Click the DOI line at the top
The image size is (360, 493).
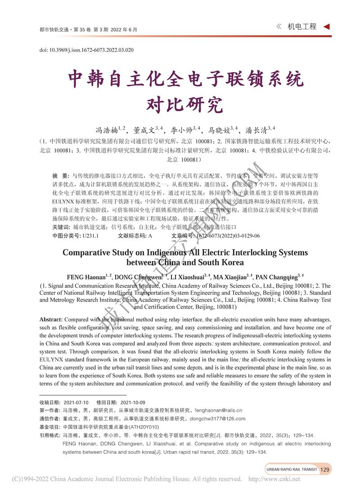pyautogui.click(x=86, y=50)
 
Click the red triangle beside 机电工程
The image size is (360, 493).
pyautogui.click(x=327, y=27)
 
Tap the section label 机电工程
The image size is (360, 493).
pyautogui.click(x=302, y=27)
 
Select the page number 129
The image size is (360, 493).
pyautogui.click(x=325, y=469)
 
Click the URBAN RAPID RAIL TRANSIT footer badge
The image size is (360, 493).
pyautogui.click(x=292, y=469)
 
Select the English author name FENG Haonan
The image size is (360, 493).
pyautogui.click(x=86, y=276)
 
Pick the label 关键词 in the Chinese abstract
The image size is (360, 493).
pyautogui.click(x=60, y=227)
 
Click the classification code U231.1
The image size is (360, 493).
pyautogui.click(x=91, y=235)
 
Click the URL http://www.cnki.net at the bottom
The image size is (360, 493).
pyautogui.click(x=274, y=479)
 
